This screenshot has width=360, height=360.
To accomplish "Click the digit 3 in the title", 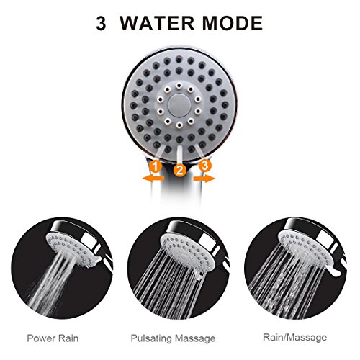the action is tap(101, 24).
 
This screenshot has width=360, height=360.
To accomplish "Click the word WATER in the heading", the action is tap(157, 23).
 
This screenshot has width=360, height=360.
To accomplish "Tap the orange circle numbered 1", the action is tap(156, 166).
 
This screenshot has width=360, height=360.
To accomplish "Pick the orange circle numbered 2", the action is tap(180, 170).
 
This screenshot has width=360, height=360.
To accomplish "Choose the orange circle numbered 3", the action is tap(204, 166).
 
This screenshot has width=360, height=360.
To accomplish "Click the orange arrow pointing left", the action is tap(153, 179).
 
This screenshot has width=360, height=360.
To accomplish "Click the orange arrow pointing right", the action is tap(204, 179).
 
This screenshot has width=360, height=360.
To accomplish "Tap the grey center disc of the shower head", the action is tap(179, 105).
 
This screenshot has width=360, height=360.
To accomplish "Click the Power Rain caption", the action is tap(53, 338).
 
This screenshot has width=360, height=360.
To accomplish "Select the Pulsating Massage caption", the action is tap(173, 338).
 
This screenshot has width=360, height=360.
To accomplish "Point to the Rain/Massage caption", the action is tap(295, 337).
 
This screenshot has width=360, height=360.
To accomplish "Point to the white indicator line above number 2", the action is tap(179, 155).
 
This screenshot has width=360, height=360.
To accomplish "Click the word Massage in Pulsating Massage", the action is tap(194, 338).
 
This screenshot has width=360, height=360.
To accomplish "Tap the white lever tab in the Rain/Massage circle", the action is tap(336, 272).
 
